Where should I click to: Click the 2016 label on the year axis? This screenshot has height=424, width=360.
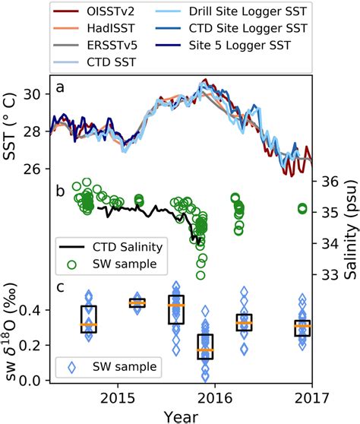pos(214,397)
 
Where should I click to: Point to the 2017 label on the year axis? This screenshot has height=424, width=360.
pos(310,397)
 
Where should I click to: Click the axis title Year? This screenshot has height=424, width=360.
pos(179,416)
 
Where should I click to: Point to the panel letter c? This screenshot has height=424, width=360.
pos(59,287)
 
